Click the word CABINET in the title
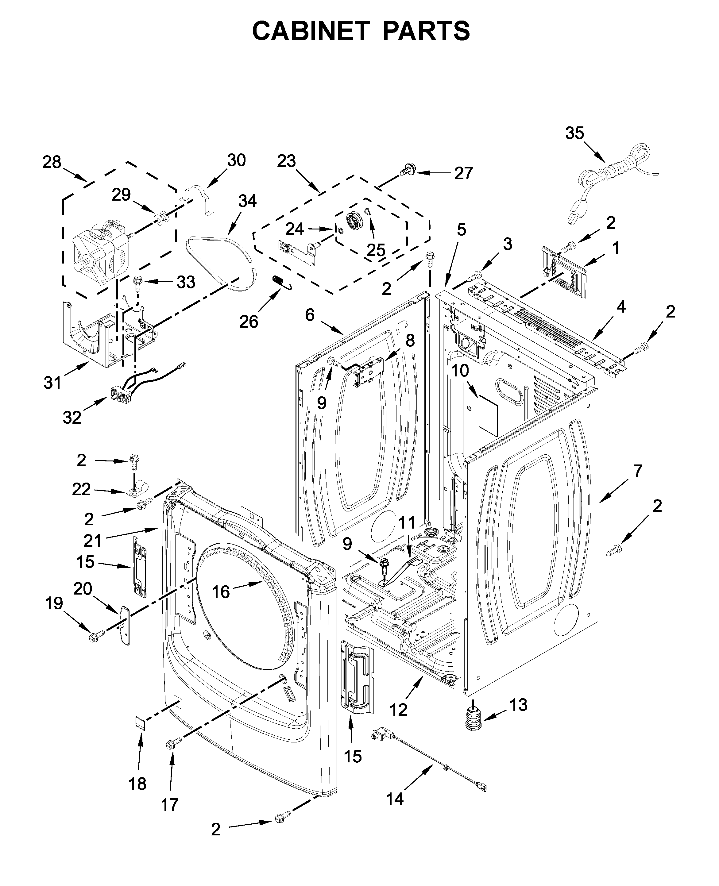311,31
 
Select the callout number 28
52,162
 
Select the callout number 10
460,371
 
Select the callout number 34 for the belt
247,201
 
